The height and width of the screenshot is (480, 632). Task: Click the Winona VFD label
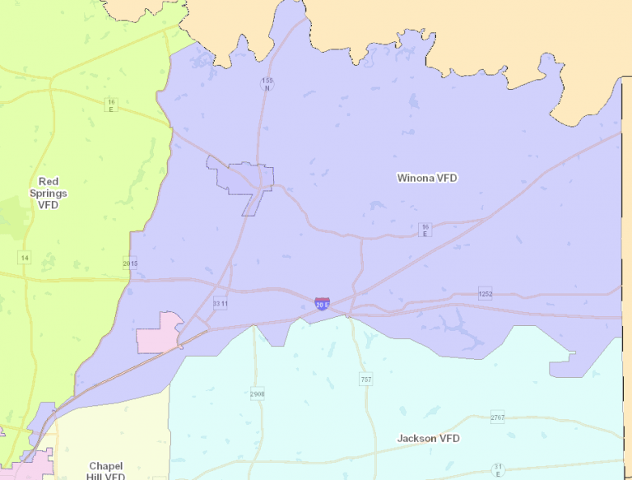tap(427, 178)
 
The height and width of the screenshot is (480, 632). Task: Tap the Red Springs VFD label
tap(48, 193)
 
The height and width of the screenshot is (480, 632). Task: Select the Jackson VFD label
tap(428, 439)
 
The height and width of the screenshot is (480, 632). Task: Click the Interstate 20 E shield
tap(322, 304)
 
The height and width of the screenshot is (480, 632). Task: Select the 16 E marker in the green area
tap(111, 105)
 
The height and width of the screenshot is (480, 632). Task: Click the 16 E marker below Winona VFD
tap(425, 230)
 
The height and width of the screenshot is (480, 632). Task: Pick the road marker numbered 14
tap(24, 259)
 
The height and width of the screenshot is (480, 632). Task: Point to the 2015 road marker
tap(130, 263)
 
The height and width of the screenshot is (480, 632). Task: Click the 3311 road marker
tap(220, 304)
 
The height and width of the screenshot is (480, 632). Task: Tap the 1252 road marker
tap(486, 293)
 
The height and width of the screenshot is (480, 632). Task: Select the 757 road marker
tap(365, 380)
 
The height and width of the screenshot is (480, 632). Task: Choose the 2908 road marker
tap(257, 394)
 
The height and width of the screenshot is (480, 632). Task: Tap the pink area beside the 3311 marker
tap(159, 333)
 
